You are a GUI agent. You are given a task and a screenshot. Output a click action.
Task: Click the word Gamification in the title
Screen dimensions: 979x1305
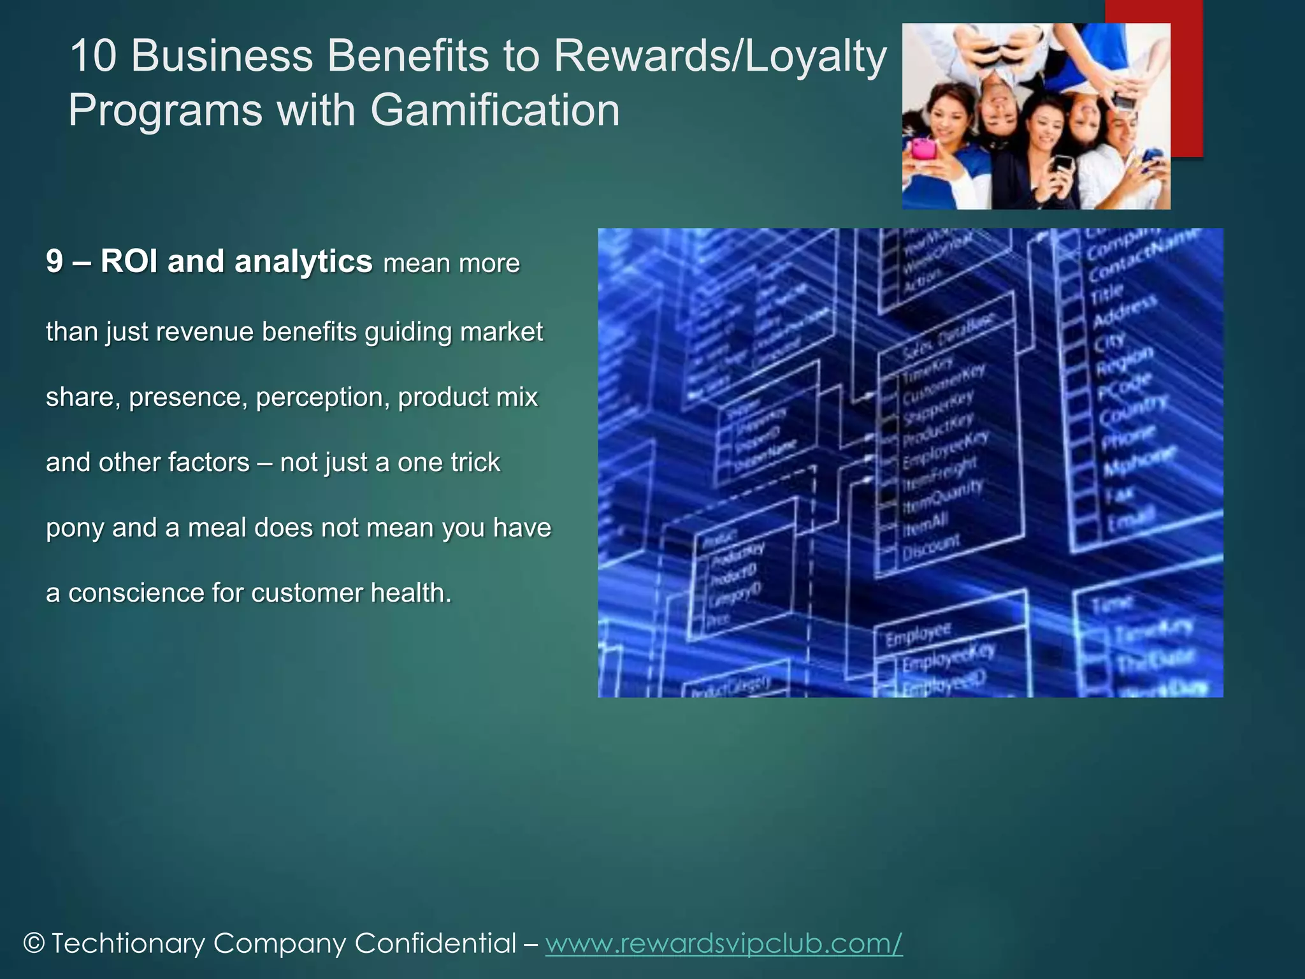[494, 110]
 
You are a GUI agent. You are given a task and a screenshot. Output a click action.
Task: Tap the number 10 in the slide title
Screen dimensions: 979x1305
[93, 55]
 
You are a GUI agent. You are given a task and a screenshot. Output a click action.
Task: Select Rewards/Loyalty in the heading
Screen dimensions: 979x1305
[720, 55]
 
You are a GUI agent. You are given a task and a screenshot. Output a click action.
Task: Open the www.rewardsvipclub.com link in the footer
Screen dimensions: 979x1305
[724, 943]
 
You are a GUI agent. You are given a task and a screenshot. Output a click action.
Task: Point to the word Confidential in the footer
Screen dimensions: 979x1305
[435, 943]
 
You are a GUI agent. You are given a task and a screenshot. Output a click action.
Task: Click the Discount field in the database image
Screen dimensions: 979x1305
[931, 546]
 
